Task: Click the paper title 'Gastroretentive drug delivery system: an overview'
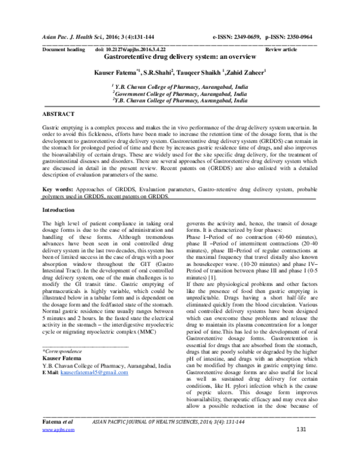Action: coord(180,56)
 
